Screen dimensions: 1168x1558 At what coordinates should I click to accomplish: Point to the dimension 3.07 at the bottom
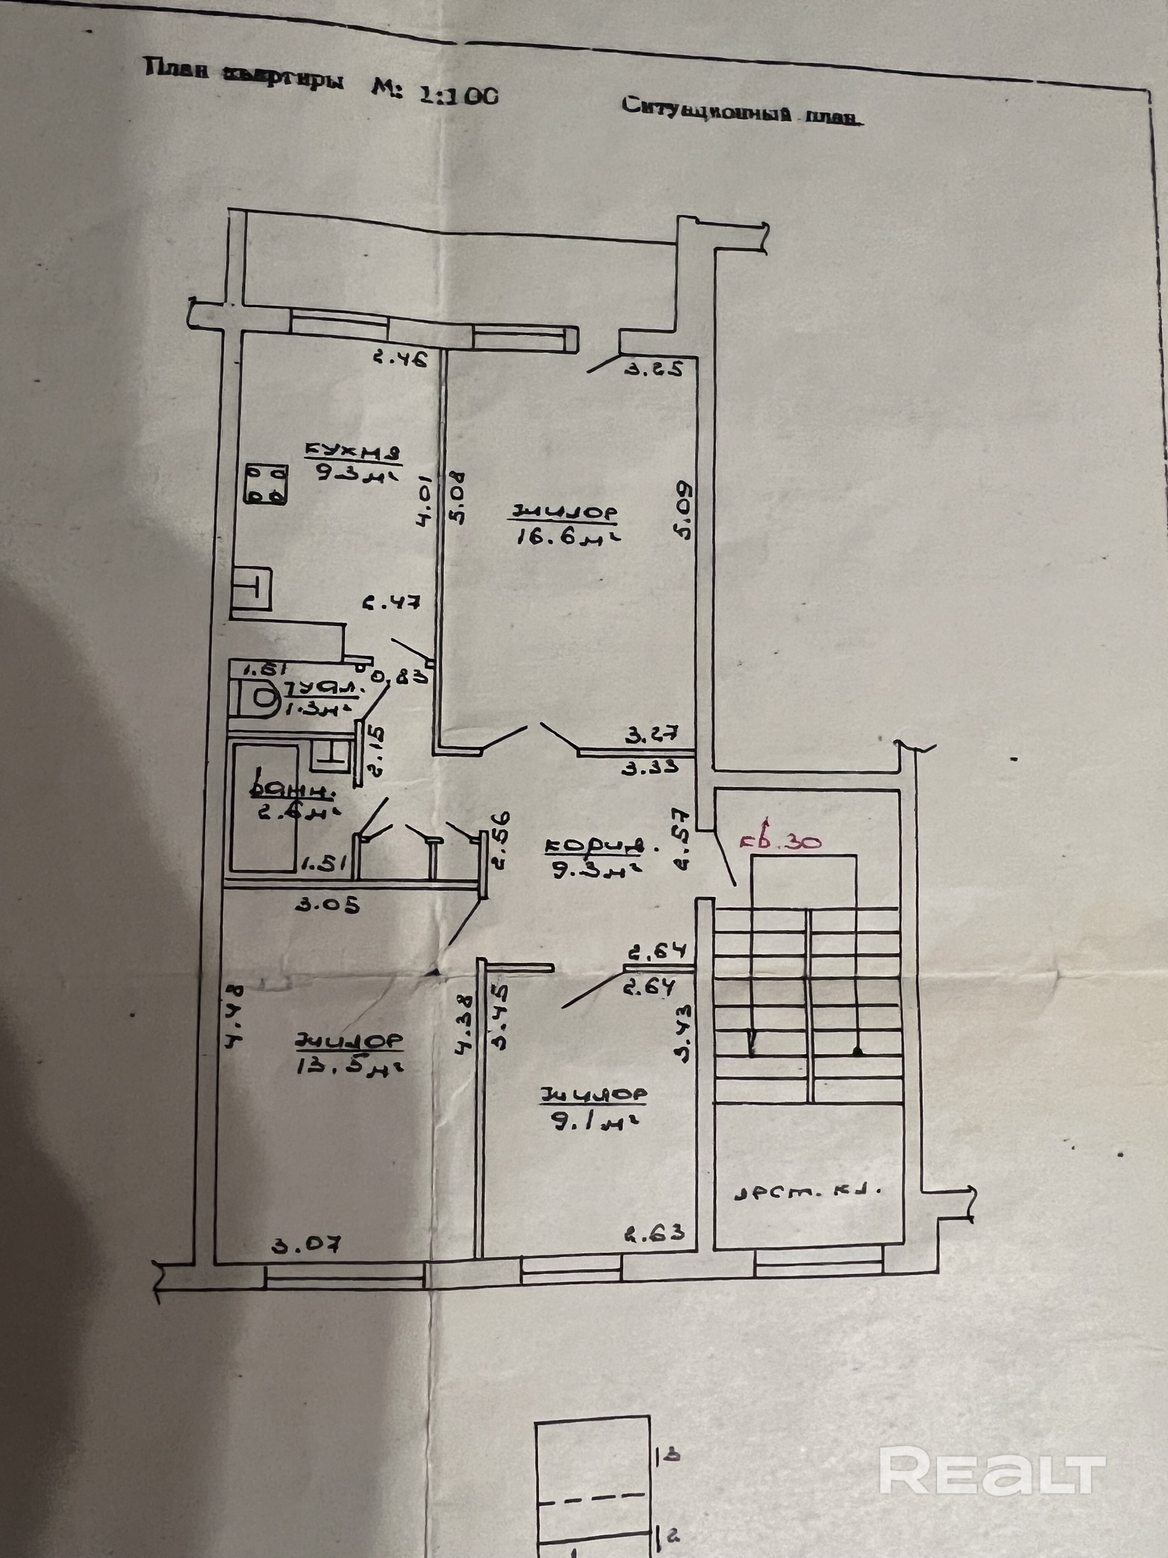[306, 1245]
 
